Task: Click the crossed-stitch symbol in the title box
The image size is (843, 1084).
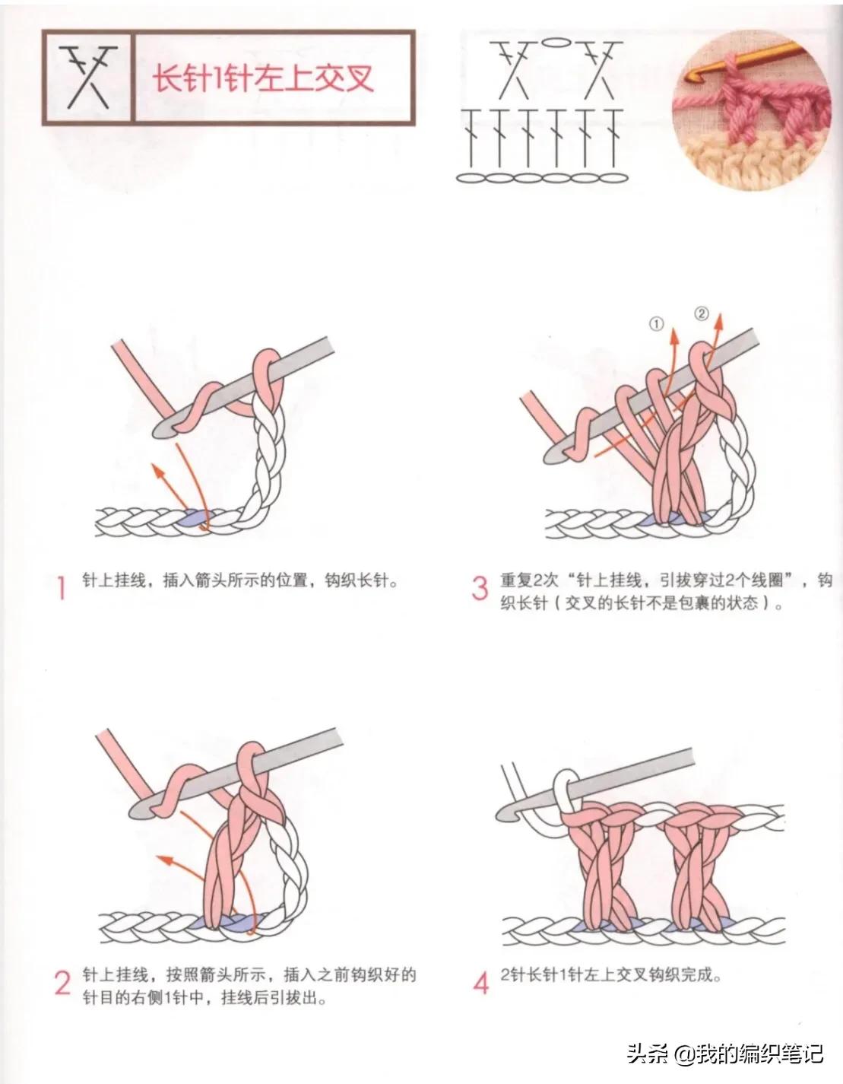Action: pyautogui.click(x=87, y=77)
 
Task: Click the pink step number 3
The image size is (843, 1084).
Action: pyautogui.click(x=479, y=588)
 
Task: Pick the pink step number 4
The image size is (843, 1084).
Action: pyautogui.click(x=480, y=983)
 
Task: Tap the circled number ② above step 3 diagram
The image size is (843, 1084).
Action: pyautogui.click(x=701, y=313)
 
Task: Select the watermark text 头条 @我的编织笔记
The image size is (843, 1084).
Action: pyautogui.click(x=724, y=1054)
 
